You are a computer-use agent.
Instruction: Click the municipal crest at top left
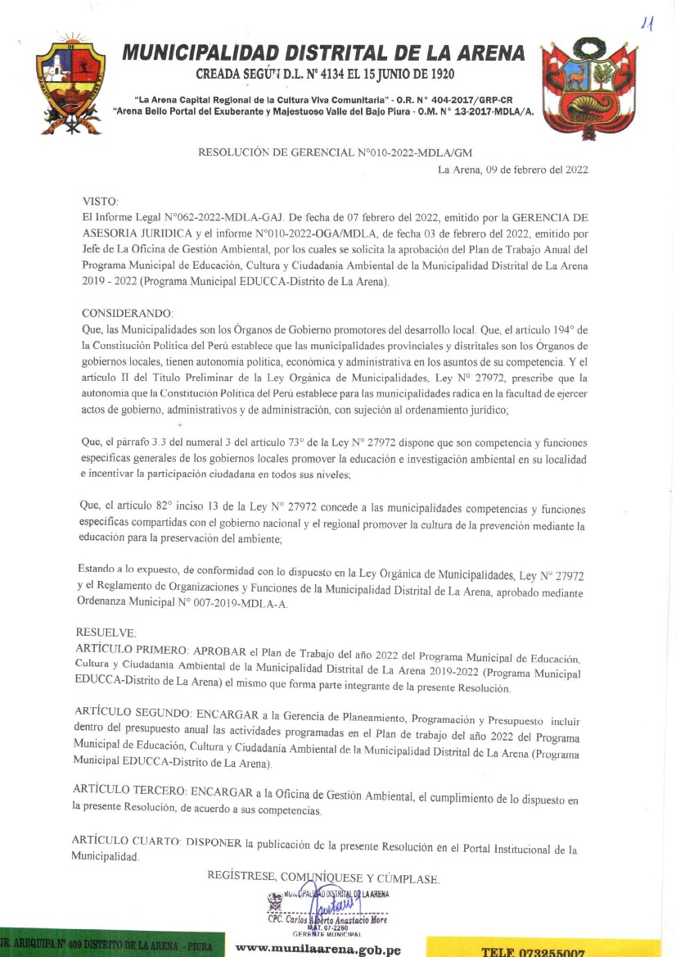click(x=71, y=82)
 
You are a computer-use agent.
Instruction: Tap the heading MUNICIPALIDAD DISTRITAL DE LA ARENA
click(x=323, y=53)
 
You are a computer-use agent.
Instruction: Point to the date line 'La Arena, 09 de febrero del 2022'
click(x=513, y=170)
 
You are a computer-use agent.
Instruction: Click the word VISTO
click(x=101, y=201)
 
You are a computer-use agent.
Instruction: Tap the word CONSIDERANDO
click(x=128, y=313)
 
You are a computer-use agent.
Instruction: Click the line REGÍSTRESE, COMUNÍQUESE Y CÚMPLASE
click(x=323, y=878)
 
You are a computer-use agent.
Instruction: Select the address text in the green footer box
click(x=106, y=946)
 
